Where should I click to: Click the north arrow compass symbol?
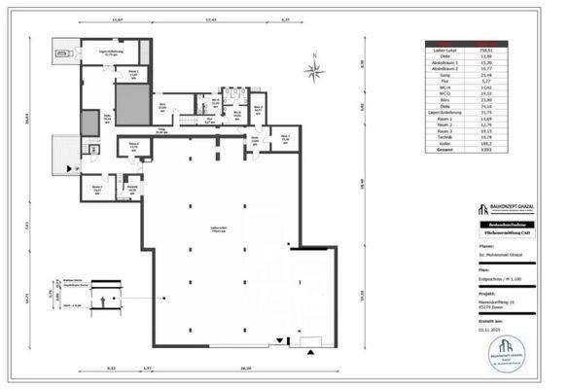313,69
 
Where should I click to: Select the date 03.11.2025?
489,330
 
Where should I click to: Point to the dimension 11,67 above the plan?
118,18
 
